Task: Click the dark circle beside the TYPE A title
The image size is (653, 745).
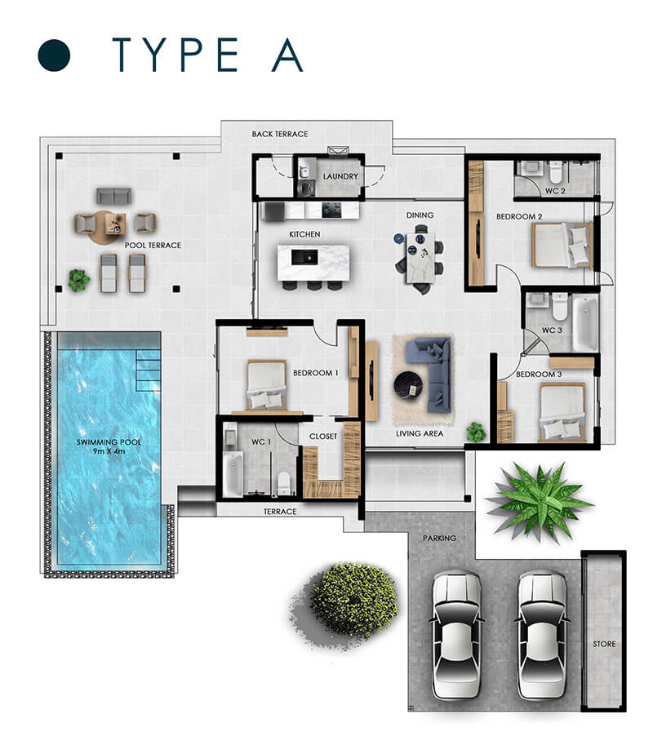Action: pos(54,55)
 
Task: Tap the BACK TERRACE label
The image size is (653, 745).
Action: pos(279,134)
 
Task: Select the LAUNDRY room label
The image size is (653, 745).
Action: pos(340,176)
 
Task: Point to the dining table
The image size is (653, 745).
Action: pos(420,257)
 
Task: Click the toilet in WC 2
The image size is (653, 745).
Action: pos(555,171)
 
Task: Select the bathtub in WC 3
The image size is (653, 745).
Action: pos(585,322)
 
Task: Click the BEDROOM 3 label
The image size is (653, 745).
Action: pos(539,375)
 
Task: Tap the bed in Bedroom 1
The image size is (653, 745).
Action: pos(267,385)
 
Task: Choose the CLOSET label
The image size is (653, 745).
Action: pos(323,437)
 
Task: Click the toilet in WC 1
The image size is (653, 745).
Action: pos(284,483)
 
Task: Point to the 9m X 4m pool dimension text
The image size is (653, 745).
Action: pos(109,451)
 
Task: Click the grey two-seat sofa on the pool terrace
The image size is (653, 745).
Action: pos(113,196)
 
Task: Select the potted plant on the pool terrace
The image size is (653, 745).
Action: pos(78,280)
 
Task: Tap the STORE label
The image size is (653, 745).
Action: pos(604,644)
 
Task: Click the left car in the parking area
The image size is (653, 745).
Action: pos(456,634)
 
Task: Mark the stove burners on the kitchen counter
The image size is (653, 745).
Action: pos(331,210)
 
